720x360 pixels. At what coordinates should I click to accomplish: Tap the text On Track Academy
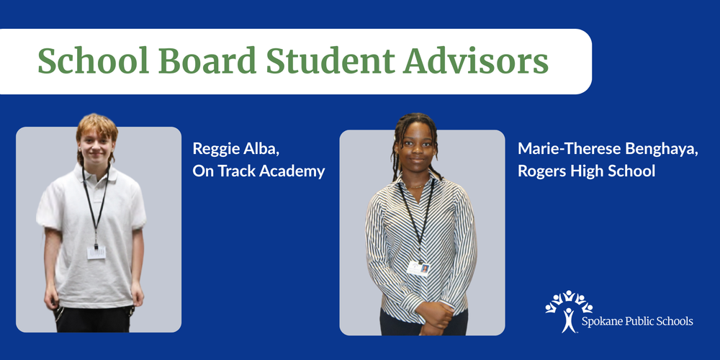coord(258,171)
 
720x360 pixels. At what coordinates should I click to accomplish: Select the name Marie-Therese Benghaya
coord(598,149)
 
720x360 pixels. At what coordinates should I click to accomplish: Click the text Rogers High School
coord(586,171)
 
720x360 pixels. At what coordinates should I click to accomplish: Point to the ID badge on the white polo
coord(96,252)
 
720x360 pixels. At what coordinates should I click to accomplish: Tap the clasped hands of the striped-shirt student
coord(433,313)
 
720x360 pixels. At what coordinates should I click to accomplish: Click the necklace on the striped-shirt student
coord(418,185)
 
